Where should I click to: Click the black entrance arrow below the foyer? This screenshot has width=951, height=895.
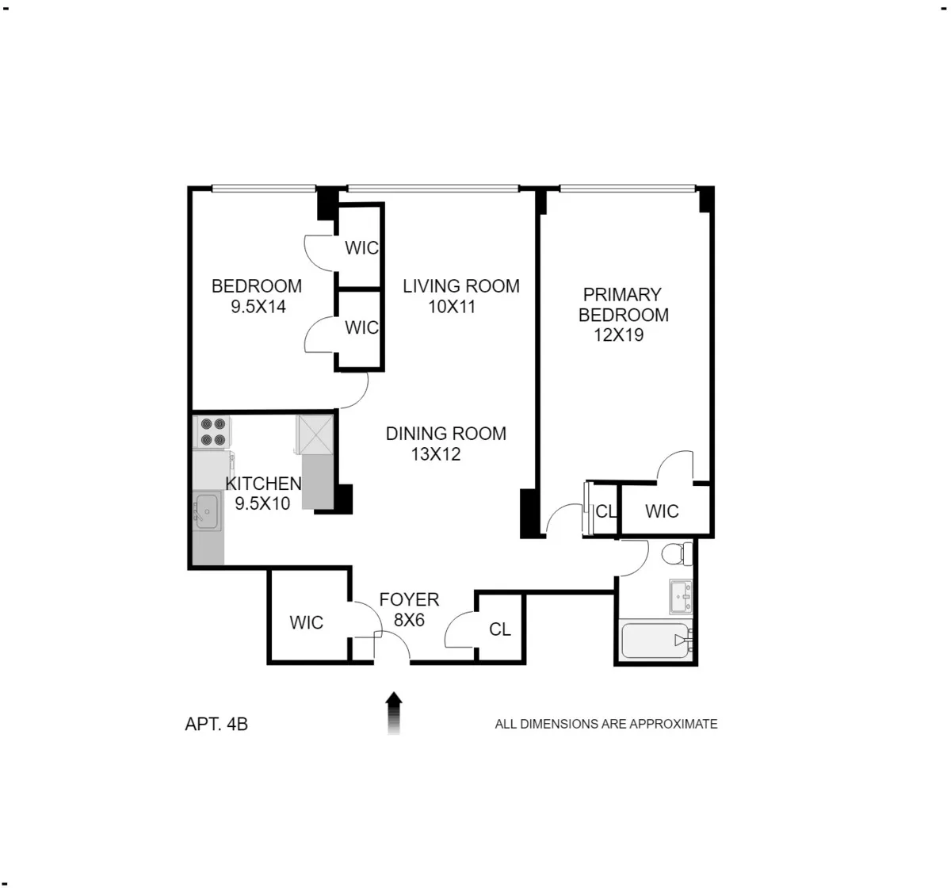[394, 712]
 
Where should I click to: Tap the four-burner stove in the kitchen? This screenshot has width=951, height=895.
[212, 432]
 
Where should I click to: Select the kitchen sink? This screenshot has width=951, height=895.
[208, 511]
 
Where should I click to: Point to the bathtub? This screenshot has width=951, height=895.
[654, 641]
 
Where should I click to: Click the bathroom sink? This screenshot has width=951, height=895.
[681, 596]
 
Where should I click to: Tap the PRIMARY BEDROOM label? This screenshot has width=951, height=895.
[623, 304]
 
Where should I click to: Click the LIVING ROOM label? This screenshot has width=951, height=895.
[461, 286]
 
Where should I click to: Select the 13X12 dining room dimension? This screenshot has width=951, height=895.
[436, 454]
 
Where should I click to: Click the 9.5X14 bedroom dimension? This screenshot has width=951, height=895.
[258, 307]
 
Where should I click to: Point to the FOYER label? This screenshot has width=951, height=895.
[409, 600]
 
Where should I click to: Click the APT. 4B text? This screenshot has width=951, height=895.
[216, 724]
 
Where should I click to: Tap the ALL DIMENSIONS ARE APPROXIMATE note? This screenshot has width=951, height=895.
[606, 724]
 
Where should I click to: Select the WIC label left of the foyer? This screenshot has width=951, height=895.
[306, 623]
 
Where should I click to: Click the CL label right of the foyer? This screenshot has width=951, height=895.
[500, 629]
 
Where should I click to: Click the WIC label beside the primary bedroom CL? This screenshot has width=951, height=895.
[662, 511]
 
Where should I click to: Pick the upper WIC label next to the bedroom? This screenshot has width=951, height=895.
[361, 248]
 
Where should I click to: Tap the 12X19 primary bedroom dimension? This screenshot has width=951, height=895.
[619, 335]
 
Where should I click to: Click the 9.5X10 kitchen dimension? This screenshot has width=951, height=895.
[262, 503]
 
